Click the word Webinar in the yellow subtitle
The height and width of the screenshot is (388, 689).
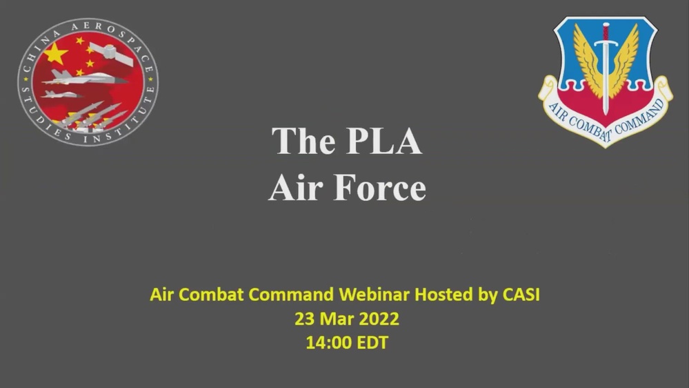point(372,295)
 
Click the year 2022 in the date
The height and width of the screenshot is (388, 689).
point(375,319)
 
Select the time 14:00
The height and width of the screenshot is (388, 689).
point(329,342)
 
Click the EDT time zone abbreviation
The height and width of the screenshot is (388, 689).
point(372,342)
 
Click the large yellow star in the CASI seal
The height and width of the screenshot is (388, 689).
point(57,53)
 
